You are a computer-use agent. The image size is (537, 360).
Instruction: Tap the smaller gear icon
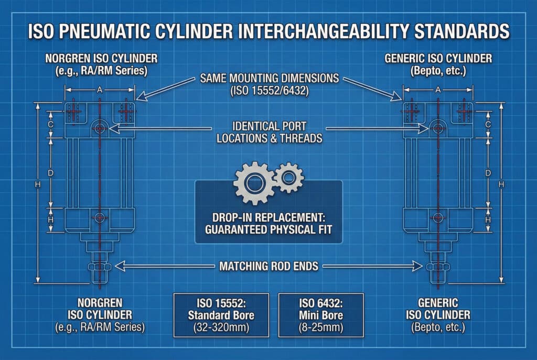tap(289, 178)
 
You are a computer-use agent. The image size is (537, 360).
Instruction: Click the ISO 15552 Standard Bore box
tap(221, 315)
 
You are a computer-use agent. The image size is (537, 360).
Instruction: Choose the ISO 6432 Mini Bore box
tap(321, 315)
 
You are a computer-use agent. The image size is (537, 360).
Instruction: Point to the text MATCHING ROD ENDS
tap(269, 266)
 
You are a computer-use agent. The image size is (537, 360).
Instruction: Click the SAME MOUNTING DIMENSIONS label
tap(270, 79)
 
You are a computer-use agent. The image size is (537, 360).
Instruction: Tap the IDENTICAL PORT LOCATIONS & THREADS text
tap(270, 132)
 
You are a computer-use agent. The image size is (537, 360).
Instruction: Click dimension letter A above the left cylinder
tap(100, 90)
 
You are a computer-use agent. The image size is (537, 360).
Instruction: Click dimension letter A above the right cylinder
tap(438, 90)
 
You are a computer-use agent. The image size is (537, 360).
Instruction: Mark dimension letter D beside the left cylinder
tap(50, 173)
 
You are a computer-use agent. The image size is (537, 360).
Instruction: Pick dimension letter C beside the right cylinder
tap(488, 125)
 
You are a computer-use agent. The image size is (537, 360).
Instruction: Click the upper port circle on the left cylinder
tap(100, 128)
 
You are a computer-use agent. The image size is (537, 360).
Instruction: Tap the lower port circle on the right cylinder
tap(438, 217)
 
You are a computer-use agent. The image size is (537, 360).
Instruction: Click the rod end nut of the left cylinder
tap(99, 267)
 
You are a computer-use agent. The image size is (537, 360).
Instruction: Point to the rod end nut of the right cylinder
tap(438, 267)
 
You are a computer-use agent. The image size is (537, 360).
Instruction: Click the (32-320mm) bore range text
tap(221, 328)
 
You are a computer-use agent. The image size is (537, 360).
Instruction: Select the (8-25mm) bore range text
tap(321, 328)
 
